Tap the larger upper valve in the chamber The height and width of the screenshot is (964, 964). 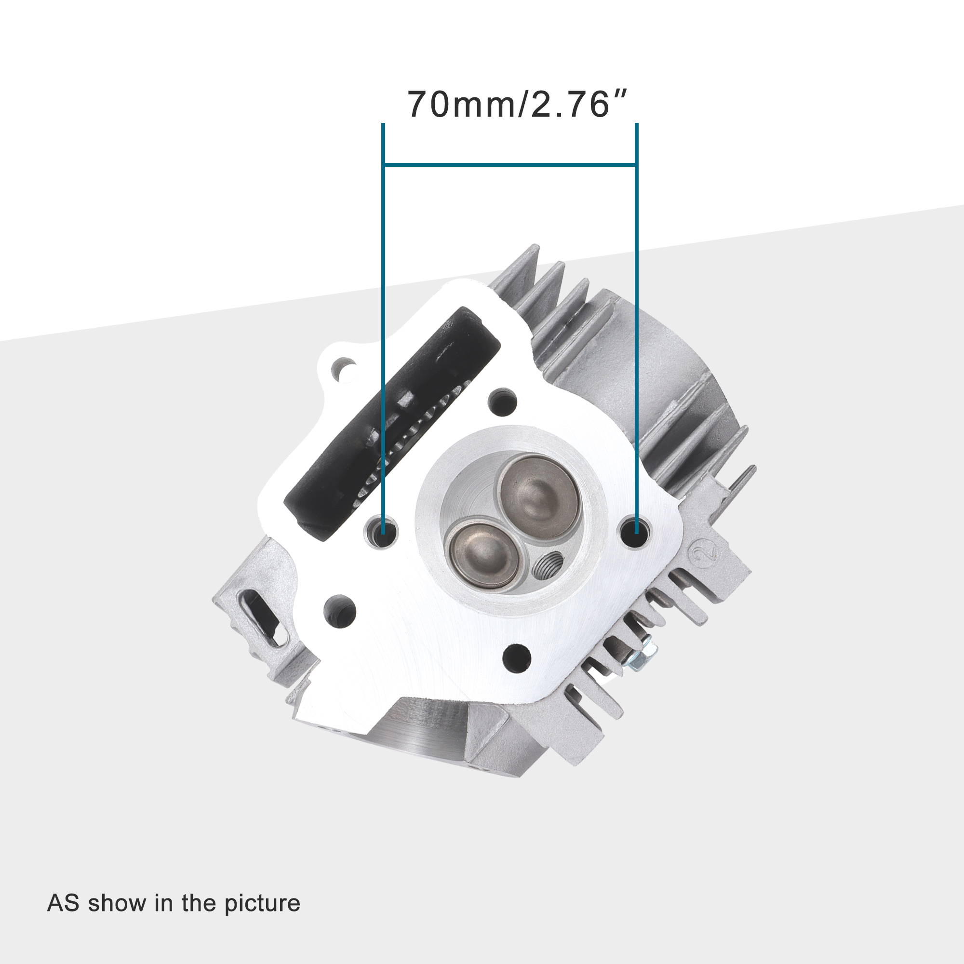click(x=538, y=495)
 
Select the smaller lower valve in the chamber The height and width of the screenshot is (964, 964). click(x=483, y=553)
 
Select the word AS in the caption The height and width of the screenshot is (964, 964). click(x=63, y=903)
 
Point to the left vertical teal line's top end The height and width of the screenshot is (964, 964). click(x=383, y=125)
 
